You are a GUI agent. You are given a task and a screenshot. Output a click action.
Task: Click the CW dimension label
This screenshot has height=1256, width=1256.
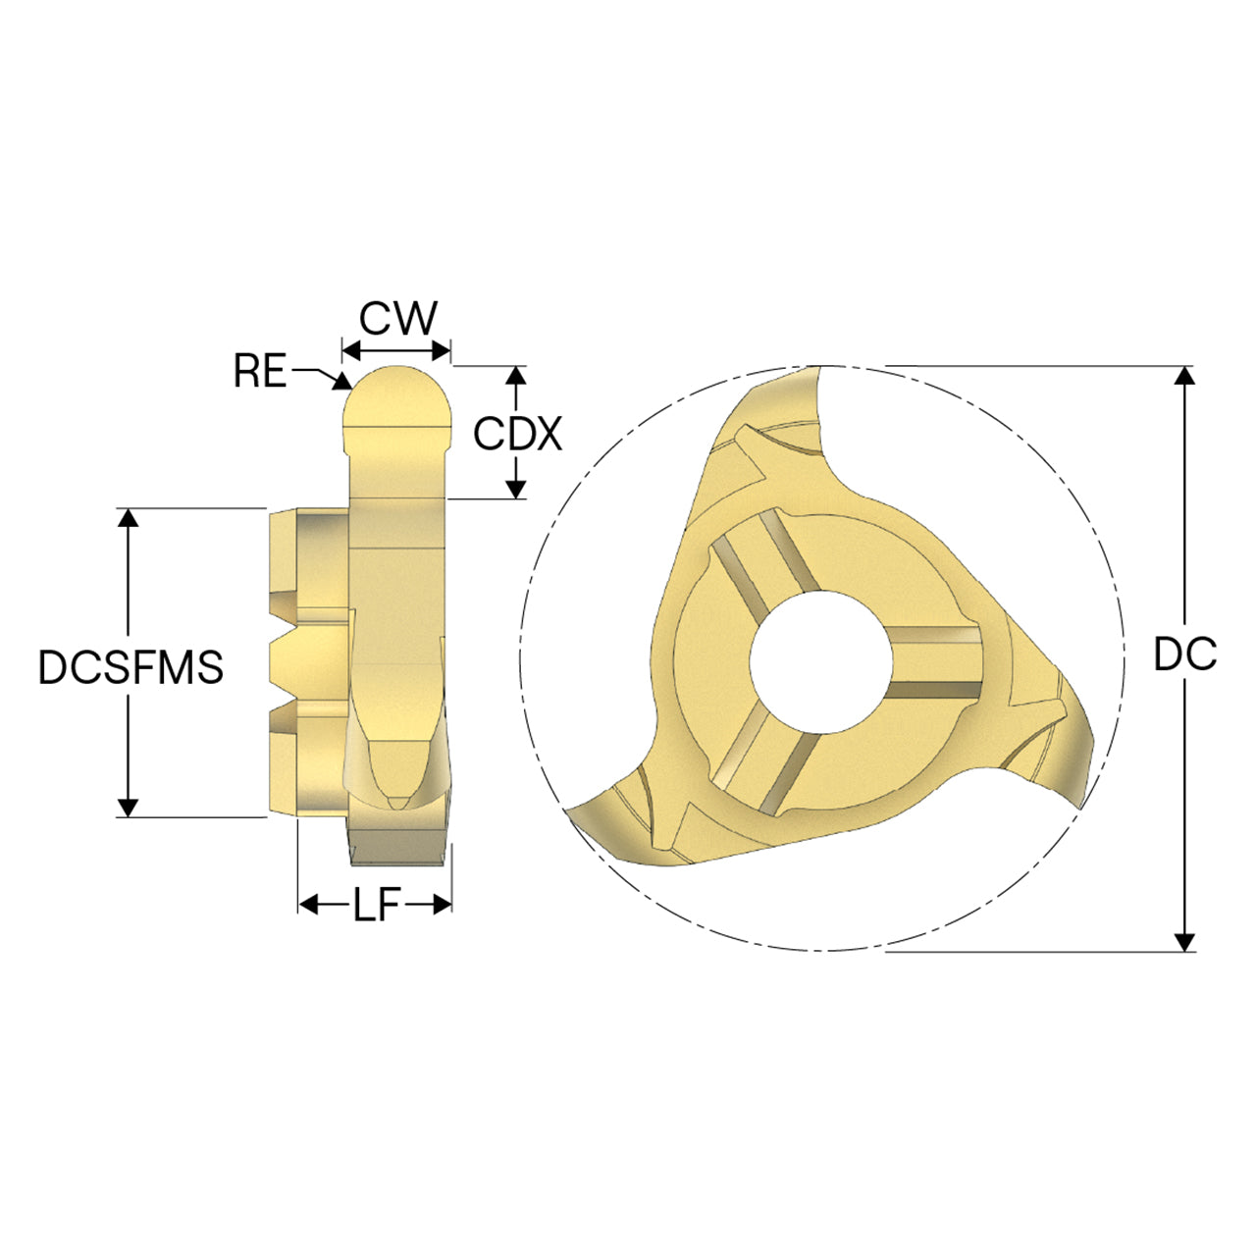pyautogui.click(x=398, y=318)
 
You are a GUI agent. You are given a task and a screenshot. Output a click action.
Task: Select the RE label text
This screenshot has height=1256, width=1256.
pyautogui.click(x=260, y=372)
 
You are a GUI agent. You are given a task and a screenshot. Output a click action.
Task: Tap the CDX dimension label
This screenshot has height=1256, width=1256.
pyautogui.click(x=517, y=434)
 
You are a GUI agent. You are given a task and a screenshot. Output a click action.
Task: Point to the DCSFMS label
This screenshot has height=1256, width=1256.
pyautogui.click(x=131, y=667)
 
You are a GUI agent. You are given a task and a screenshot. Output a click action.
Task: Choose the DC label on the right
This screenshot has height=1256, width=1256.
pyautogui.click(x=1185, y=654)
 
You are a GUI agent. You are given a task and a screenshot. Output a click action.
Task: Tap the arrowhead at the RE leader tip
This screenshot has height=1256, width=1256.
pyautogui.click(x=341, y=381)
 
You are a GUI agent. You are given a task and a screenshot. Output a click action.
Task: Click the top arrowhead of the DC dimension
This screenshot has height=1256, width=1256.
pyautogui.click(x=1184, y=376)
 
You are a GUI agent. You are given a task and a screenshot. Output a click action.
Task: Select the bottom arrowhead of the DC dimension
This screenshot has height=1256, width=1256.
pyautogui.click(x=1184, y=941)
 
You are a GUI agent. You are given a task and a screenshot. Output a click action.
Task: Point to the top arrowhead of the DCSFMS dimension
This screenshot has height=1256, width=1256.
pyautogui.click(x=129, y=517)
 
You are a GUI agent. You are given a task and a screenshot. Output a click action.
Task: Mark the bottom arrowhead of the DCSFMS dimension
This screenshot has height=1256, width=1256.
pyautogui.click(x=129, y=807)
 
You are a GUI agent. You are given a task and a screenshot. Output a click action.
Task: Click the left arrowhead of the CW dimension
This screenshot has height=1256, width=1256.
pyautogui.click(x=352, y=350)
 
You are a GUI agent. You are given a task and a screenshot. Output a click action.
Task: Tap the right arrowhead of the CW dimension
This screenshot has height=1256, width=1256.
pyautogui.click(x=442, y=350)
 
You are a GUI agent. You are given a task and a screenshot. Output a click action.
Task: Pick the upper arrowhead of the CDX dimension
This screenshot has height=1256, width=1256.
pyautogui.click(x=515, y=376)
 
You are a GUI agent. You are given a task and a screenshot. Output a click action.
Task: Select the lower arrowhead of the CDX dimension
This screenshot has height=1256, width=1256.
pyautogui.click(x=515, y=489)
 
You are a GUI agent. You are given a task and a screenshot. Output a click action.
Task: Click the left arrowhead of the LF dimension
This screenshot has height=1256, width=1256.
pyautogui.click(x=308, y=905)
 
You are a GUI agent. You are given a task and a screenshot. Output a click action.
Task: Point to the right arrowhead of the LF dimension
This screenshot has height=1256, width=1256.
pyautogui.click(x=442, y=905)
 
